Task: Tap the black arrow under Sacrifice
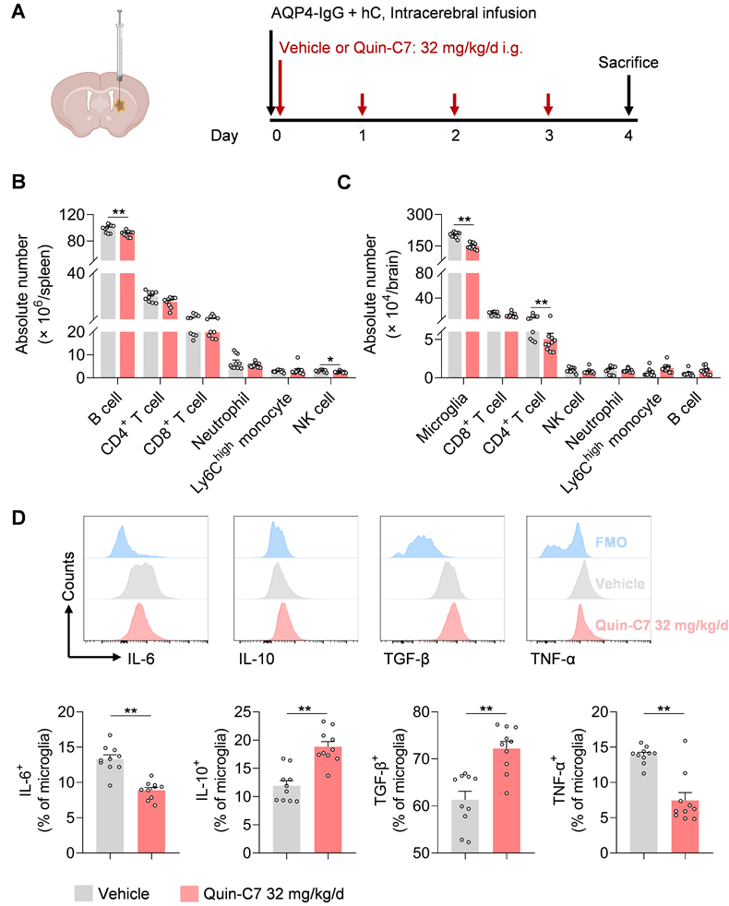[x=628, y=93]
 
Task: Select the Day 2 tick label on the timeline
[x=454, y=137]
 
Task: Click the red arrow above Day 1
[x=363, y=104]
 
